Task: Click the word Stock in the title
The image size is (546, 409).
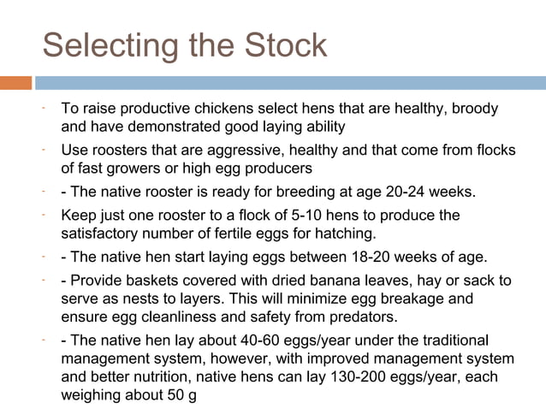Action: coord(282,45)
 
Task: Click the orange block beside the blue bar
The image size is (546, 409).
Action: coord(15,83)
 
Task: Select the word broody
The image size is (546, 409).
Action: coord(475,110)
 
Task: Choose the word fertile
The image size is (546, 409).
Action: coord(254,233)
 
